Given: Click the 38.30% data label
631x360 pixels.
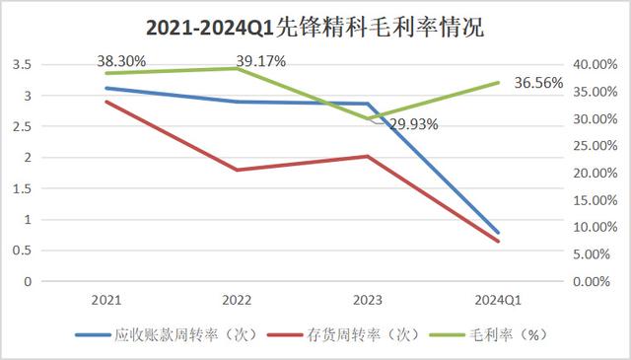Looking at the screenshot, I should pyautogui.click(x=121, y=61).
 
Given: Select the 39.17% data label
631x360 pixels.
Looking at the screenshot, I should pyautogui.click(x=260, y=61).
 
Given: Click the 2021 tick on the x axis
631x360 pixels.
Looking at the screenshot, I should pyautogui.click(x=105, y=299).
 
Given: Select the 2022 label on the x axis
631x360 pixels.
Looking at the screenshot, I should pyautogui.click(x=237, y=299).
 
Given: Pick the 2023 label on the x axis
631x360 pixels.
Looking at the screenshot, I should pyautogui.click(x=368, y=299).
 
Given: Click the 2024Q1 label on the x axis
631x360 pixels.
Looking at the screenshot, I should pyautogui.click(x=498, y=299).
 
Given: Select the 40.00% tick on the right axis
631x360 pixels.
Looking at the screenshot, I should pyautogui.click(x=596, y=65).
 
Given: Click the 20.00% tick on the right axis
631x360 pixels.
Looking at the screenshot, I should pyautogui.click(x=596, y=174).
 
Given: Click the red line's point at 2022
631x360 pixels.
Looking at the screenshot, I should pyautogui.click(x=237, y=170).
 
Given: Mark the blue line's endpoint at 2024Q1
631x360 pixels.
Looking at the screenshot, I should pyautogui.click(x=498, y=233).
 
